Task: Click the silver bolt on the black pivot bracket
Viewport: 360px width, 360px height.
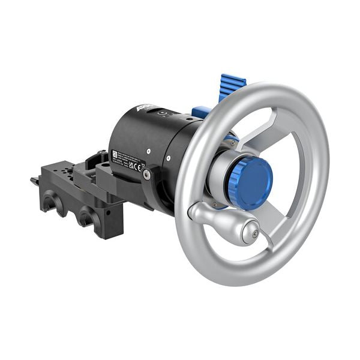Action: point(147,175)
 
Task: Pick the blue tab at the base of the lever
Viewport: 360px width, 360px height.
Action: point(201,112)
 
